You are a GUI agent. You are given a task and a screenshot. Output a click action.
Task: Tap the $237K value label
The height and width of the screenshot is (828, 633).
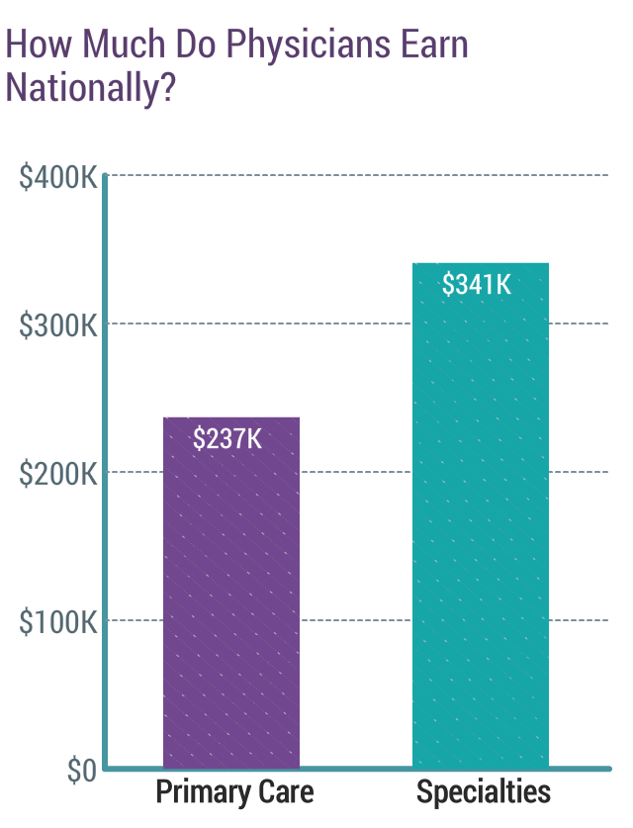(228, 439)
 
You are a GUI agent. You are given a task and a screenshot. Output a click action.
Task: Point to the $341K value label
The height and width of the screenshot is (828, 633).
(477, 285)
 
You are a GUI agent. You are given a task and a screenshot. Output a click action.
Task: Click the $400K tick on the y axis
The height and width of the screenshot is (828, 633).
(58, 179)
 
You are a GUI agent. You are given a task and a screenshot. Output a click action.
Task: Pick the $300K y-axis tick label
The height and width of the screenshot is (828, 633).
(58, 326)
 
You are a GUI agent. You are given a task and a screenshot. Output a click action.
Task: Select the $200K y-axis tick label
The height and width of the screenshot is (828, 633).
(58, 475)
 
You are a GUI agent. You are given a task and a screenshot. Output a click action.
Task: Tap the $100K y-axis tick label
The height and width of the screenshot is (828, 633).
(58, 623)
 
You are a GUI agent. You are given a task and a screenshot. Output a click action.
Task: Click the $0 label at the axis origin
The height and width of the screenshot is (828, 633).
(82, 773)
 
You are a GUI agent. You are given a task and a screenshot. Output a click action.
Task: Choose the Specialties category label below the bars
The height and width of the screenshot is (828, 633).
(484, 793)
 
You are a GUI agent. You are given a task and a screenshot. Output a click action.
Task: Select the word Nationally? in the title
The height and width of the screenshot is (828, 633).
(91, 88)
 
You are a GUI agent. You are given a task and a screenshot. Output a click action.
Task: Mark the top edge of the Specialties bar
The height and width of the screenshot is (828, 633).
(480, 263)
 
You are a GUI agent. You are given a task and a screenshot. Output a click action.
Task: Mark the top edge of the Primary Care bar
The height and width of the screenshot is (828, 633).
(230, 417)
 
